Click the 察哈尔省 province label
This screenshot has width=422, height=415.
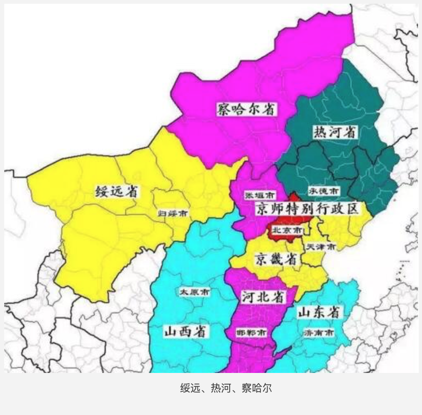click(x=246, y=109)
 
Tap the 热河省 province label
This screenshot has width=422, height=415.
click(x=334, y=132)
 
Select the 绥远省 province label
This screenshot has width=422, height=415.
click(x=119, y=191)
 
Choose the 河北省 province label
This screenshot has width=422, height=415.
click(x=263, y=296)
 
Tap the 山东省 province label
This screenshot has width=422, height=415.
click(x=319, y=312)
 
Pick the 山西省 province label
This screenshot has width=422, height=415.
click(x=186, y=331)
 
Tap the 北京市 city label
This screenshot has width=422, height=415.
click(x=287, y=230)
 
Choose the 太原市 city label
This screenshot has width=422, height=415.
click(x=195, y=292)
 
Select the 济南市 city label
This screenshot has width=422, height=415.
click(x=318, y=333)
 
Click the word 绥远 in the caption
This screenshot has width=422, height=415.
click(x=190, y=388)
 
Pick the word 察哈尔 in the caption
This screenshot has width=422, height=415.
click(x=256, y=388)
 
